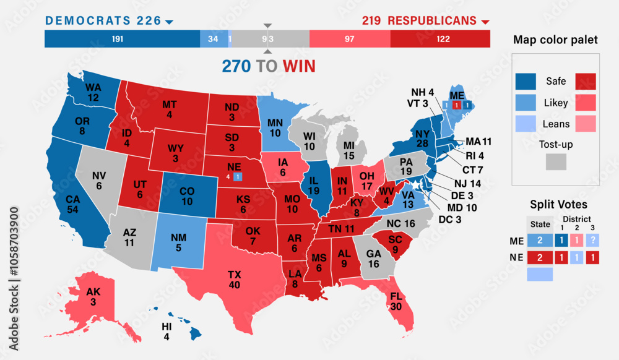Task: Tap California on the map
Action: pos(73,205)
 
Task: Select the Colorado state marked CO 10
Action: pos(187,195)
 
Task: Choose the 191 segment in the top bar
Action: pos(118,39)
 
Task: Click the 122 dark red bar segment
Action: pos(439,39)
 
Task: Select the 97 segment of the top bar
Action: pos(350,39)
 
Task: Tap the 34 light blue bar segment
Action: pos(214,39)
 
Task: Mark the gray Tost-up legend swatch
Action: pos(556,162)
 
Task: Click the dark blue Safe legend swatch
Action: pos(527,81)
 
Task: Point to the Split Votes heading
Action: pos(559,204)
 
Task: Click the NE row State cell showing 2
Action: pos(539,257)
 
